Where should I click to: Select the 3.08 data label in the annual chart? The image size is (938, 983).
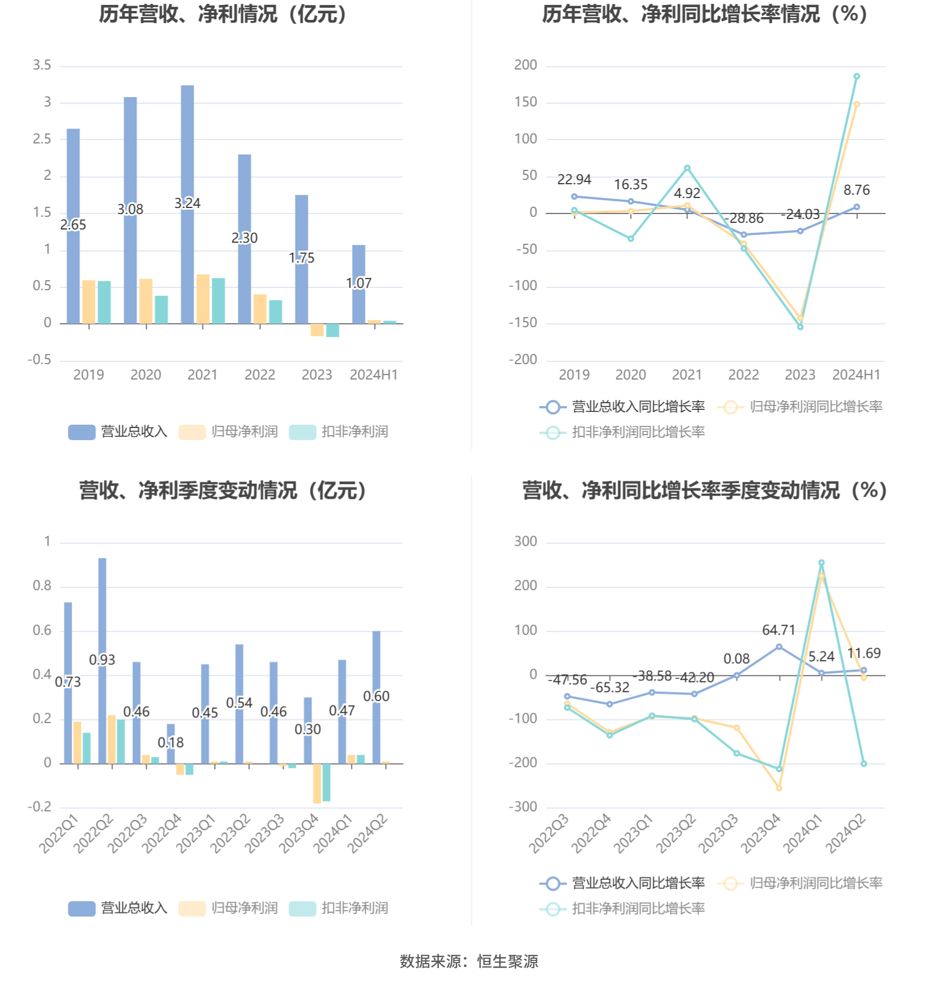130,210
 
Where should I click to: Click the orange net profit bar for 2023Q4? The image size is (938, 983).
317,783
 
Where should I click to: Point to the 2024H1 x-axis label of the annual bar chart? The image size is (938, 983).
374,375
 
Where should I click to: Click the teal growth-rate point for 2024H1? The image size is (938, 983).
856,77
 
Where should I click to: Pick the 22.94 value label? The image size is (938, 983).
574,180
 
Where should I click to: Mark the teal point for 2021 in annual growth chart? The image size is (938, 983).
687,168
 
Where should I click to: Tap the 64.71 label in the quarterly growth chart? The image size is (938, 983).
779,630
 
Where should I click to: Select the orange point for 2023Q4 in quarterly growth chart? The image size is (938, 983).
779,788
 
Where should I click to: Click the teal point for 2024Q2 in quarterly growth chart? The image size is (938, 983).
864,764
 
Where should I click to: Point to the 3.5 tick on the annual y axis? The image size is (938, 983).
42,66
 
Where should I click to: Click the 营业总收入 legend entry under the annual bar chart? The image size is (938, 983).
118,432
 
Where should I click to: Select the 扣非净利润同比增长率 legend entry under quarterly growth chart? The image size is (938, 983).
622,909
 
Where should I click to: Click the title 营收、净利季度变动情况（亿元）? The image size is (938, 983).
223,490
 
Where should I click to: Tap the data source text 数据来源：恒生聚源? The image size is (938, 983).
469,961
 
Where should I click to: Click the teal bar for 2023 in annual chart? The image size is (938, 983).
332,330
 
